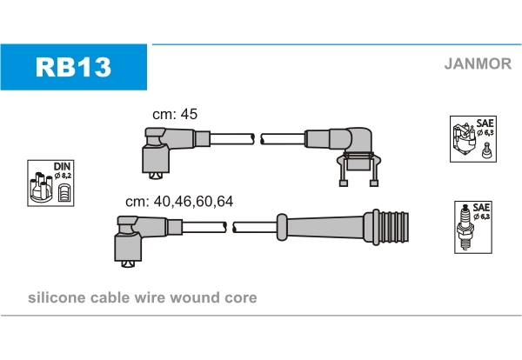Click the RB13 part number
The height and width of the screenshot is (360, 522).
73,67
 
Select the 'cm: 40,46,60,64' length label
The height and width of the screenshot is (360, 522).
179,201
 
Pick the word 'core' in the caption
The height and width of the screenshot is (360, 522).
240,297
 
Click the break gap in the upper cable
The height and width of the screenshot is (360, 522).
257,137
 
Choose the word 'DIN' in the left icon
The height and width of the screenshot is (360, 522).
61,165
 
